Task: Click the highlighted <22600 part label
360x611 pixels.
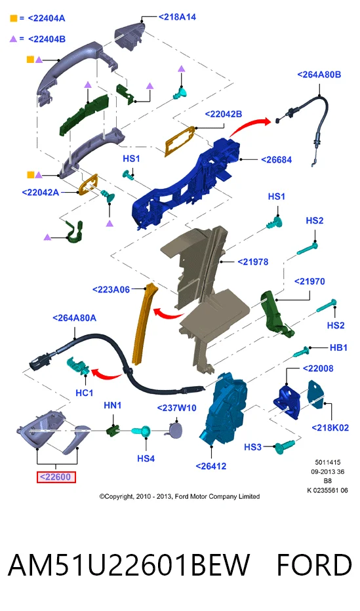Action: tap(56, 477)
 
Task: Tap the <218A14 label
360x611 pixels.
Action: tap(177, 17)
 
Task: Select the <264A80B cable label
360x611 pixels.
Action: tap(319, 75)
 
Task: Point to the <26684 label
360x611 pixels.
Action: tap(276, 160)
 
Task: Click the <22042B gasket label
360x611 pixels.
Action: tap(223, 114)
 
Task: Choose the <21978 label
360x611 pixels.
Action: tap(253, 262)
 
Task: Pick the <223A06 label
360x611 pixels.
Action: tap(111, 290)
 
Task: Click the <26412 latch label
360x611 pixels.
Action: tap(210, 466)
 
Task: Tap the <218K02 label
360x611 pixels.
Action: tap(330, 428)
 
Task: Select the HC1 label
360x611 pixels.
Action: tap(84, 393)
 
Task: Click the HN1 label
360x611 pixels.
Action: tap(113, 406)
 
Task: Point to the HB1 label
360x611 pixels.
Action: tap(338, 347)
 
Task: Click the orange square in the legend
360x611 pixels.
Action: tap(14, 18)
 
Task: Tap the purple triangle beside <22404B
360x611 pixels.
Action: tap(14, 39)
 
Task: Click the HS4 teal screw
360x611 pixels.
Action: tap(142, 431)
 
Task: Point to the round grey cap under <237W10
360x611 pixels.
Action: tap(175, 431)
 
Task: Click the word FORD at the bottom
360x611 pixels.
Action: tap(314, 565)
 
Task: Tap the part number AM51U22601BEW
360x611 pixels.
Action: tap(129, 565)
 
